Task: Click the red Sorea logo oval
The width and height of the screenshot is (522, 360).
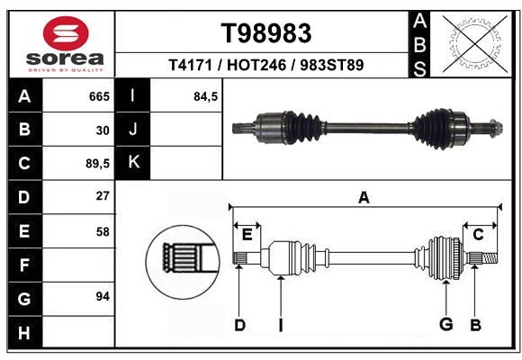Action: (x=66, y=33)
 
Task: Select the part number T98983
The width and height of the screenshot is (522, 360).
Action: (x=266, y=33)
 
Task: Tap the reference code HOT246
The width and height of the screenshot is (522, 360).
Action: (x=256, y=65)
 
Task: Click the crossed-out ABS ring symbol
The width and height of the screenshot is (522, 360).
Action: (x=475, y=43)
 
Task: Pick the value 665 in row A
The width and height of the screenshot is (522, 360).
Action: (x=99, y=96)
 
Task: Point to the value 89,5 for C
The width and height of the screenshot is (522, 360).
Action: (x=97, y=164)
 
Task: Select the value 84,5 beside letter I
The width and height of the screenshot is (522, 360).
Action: (x=206, y=96)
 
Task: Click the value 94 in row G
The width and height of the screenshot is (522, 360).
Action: (x=103, y=296)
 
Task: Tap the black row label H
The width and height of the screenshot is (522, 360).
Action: (x=25, y=332)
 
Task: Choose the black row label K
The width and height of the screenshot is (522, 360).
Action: (x=133, y=163)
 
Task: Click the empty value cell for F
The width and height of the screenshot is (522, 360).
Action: (x=78, y=265)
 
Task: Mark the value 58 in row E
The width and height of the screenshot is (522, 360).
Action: (x=103, y=232)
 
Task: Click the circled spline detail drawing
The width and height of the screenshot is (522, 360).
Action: (x=183, y=262)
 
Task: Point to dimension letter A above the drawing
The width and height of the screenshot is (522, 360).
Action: (x=364, y=197)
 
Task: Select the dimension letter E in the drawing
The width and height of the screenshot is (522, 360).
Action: (x=247, y=235)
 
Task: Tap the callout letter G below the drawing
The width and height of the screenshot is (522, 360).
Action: (x=445, y=324)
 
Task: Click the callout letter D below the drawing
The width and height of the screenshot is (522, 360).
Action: (x=239, y=325)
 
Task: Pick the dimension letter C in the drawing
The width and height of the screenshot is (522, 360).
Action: (x=478, y=235)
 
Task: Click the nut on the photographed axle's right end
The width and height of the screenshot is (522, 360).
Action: (x=496, y=128)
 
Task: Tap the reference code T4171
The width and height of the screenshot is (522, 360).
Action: (x=190, y=65)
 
